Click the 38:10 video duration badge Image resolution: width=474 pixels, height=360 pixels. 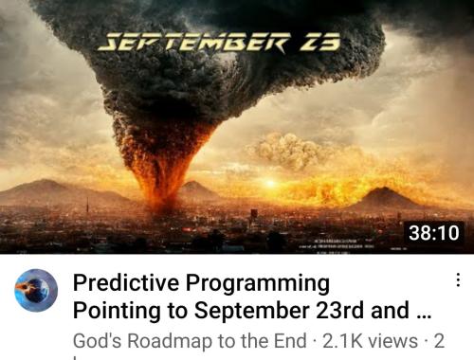coord(432,231)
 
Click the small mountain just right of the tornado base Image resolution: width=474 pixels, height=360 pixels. coord(200,189)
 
